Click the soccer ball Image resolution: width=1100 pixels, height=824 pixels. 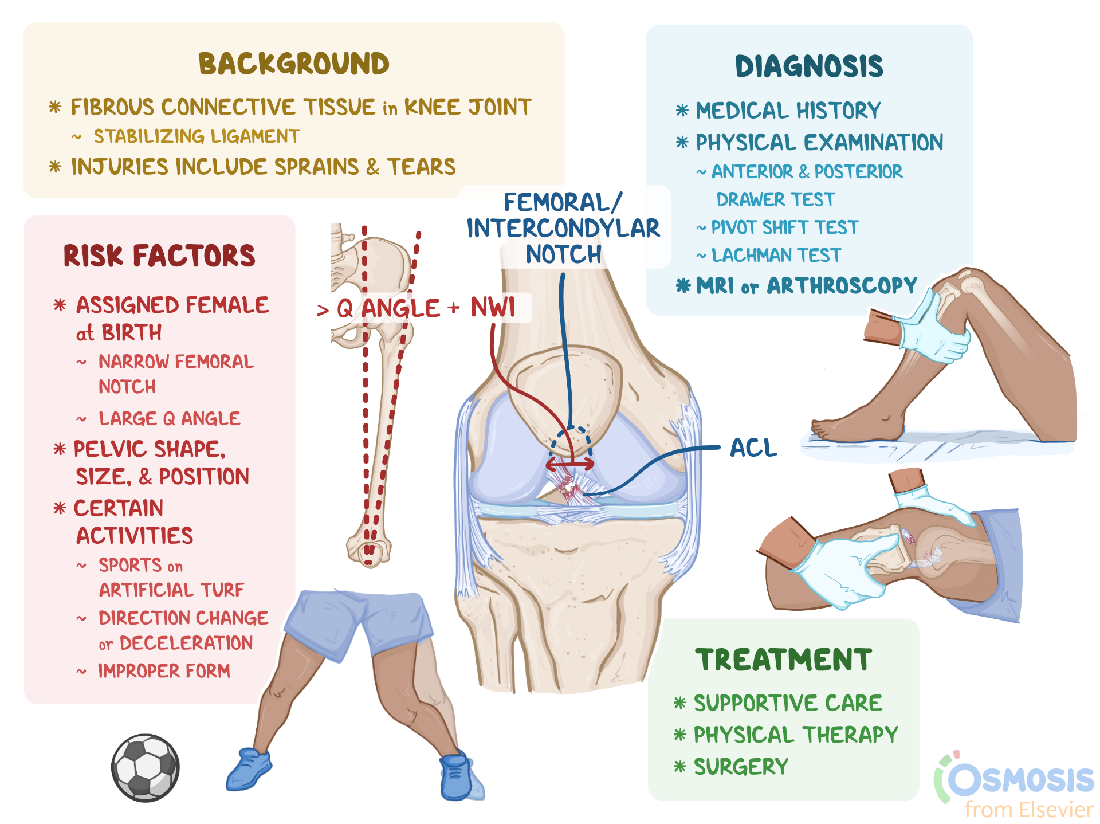(146, 768)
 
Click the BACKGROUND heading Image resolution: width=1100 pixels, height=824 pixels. (294, 64)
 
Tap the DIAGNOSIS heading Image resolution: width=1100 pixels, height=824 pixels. (809, 66)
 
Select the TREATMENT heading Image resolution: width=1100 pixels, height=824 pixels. (783, 660)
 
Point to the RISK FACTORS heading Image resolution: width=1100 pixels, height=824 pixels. (159, 256)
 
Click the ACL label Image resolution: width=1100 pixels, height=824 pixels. (753, 448)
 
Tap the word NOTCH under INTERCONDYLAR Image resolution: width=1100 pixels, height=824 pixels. (563, 254)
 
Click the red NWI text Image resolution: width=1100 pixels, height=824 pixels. (493, 308)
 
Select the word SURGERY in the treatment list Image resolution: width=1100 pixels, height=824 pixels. (741, 767)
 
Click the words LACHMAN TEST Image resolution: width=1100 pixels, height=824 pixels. (776, 256)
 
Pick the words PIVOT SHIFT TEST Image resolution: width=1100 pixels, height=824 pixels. (784, 227)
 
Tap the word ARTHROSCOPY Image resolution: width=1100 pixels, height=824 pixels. (842, 285)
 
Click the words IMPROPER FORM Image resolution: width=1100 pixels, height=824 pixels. (164, 670)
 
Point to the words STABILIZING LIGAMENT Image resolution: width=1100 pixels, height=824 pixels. (197, 136)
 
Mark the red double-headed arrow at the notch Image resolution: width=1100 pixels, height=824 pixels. (569, 464)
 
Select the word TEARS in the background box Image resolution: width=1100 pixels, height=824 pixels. (421, 167)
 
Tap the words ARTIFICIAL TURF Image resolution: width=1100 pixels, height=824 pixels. (171, 590)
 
